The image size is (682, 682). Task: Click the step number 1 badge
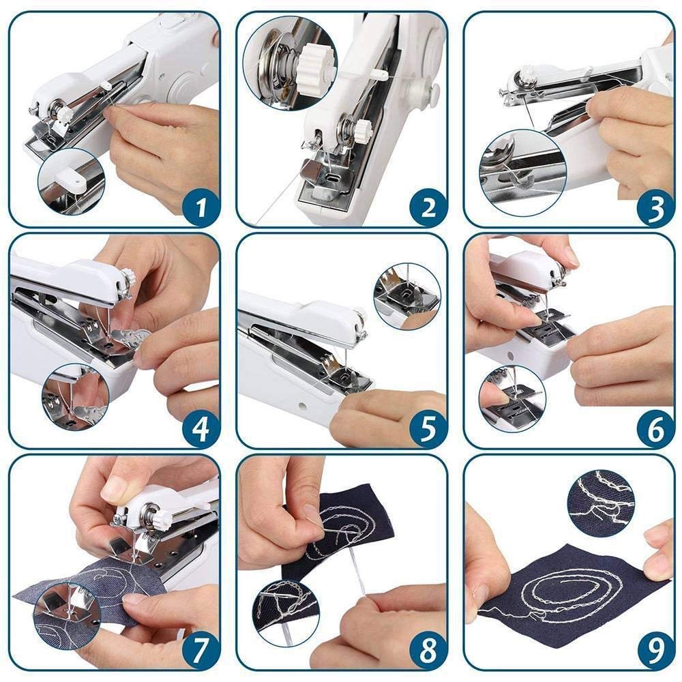[x=201, y=207]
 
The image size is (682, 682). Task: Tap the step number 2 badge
[x=428, y=207]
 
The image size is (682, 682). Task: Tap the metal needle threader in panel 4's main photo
[x=130, y=338]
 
